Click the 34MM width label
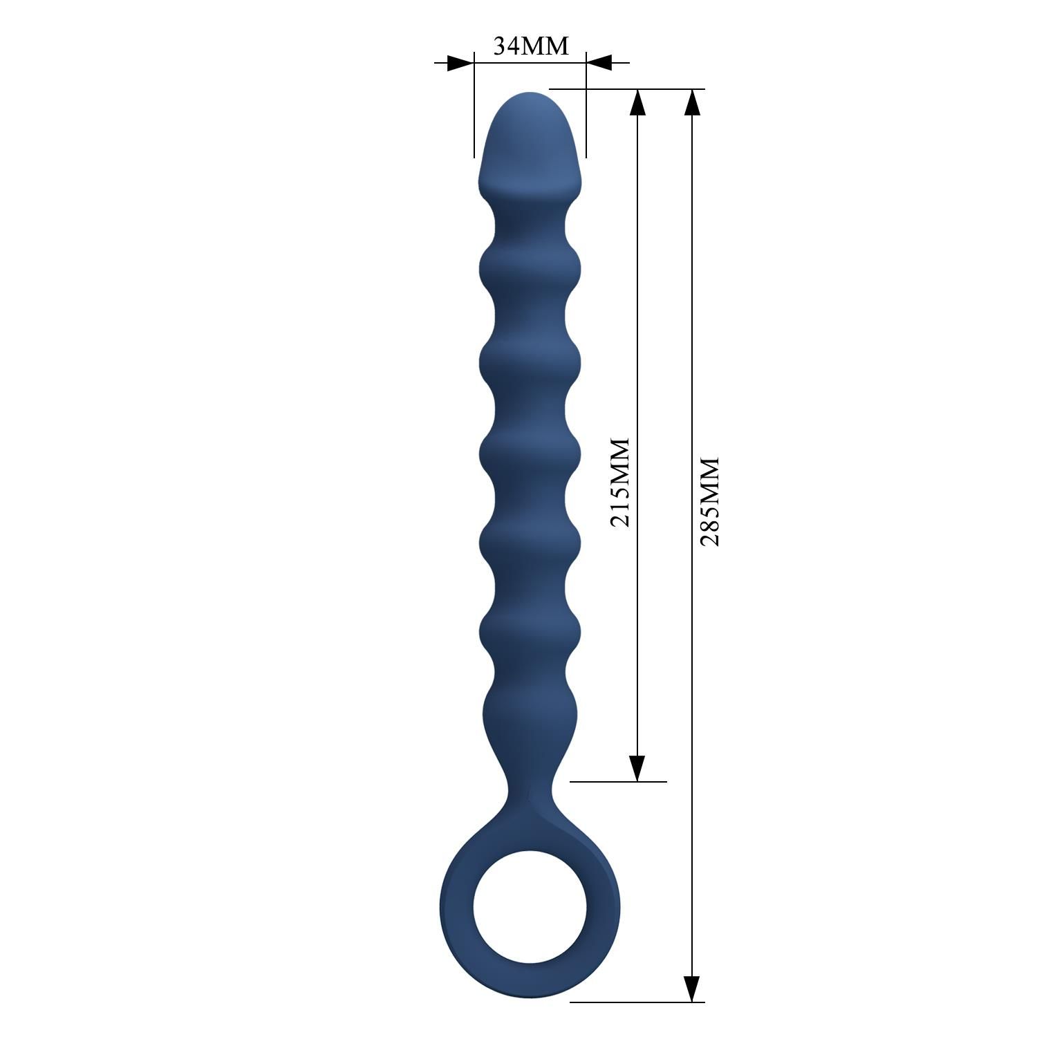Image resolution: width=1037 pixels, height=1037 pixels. point(530,46)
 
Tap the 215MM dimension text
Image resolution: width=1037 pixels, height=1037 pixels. point(620,482)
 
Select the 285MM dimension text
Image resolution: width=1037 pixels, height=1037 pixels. point(710,501)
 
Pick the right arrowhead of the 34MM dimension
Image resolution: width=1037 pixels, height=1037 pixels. point(600,63)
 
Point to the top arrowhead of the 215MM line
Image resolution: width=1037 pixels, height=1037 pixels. point(637,102)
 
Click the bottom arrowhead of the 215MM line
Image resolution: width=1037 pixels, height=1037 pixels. point(637,767)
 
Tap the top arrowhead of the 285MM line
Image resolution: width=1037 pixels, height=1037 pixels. point(692,102)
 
